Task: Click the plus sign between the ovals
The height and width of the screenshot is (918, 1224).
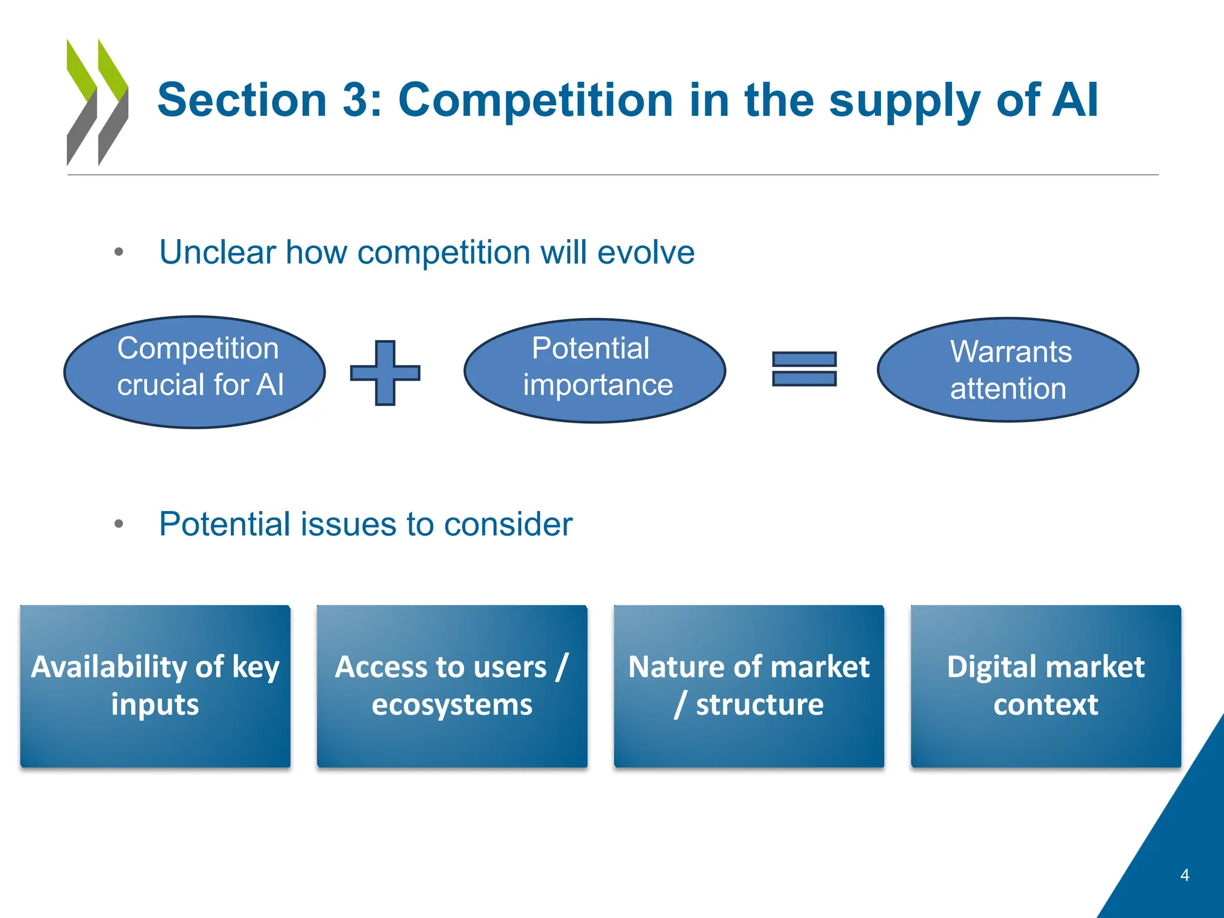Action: [385, 373]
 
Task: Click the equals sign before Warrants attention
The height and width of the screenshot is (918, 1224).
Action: [804, 369]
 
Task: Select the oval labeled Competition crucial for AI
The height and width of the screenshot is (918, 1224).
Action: [195, 372]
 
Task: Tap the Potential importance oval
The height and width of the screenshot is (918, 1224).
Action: [595, 371]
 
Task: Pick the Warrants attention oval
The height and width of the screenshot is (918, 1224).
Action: [1008, 370]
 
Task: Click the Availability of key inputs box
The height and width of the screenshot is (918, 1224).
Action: [155, 686]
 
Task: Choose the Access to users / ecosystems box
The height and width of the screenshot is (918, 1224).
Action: [452, 686]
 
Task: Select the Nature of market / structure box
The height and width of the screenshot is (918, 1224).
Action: [749, 686]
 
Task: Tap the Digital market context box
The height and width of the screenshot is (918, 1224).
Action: [1045, 686]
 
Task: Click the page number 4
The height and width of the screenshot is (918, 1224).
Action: [1185, 875]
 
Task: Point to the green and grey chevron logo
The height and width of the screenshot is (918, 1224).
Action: [97, 102]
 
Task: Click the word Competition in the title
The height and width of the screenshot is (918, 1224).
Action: [535, 100]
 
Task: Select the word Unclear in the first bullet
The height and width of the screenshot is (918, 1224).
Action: [217, 252]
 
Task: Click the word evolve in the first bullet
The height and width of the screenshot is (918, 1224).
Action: [645, 252]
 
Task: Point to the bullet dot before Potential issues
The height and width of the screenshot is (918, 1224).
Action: [119, 524]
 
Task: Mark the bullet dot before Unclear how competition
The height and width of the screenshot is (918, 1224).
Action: [119, 252]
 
